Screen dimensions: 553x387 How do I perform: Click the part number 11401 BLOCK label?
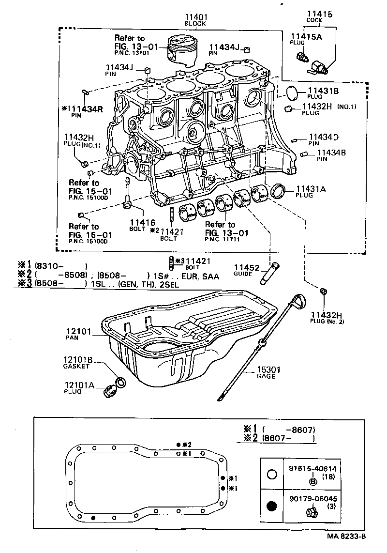tap(196, 18)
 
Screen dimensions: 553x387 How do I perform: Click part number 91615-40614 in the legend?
tap(313, 469)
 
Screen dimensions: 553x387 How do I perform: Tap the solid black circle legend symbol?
tap(272, 507)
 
